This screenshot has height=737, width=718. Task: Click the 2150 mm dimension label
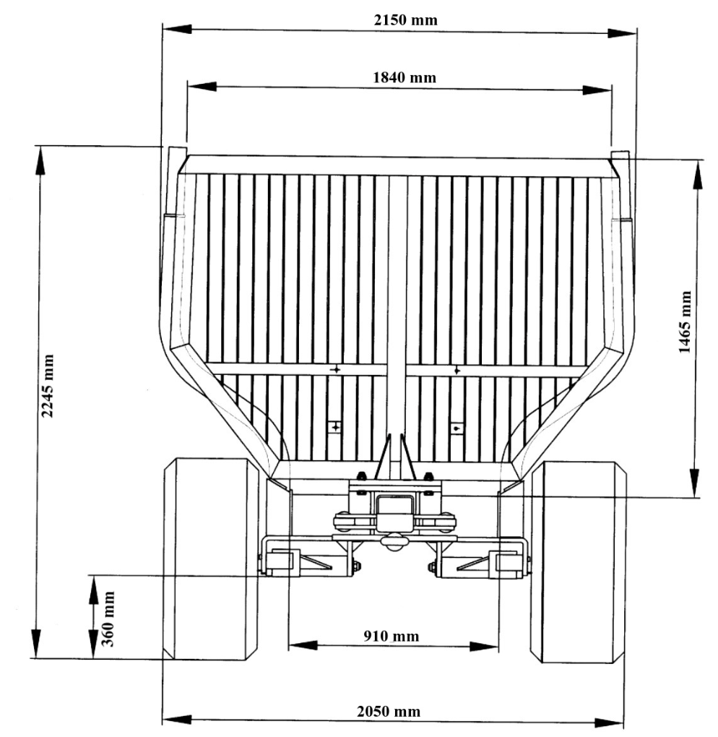405,20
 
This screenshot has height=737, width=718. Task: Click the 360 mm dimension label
109,619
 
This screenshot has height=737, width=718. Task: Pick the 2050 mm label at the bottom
389,711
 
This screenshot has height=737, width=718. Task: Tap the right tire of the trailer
578,561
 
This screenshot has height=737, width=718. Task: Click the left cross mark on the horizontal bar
335,370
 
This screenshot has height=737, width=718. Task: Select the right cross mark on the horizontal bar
457,370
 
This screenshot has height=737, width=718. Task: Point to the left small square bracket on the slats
334,427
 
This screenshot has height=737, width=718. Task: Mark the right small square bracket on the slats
457,427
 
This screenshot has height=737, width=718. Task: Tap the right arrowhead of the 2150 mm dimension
622,33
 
